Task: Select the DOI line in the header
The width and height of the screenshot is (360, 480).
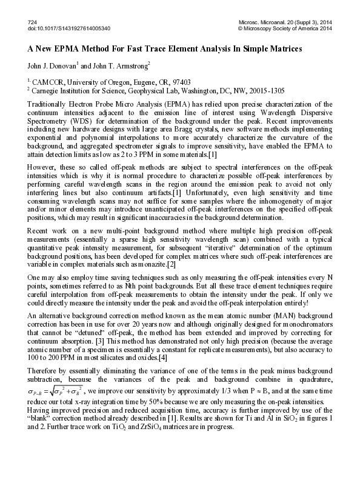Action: [x=68, y=28]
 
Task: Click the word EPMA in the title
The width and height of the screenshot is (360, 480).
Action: [x=64, y=48]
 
